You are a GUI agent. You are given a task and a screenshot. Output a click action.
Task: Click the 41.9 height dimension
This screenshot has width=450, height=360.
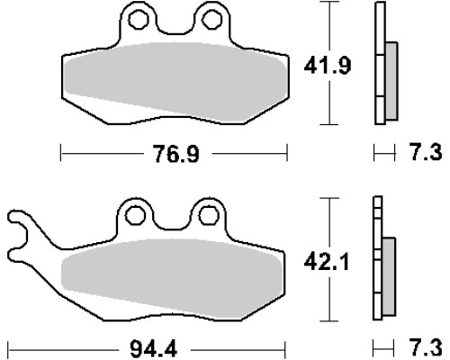(x=328, y=66)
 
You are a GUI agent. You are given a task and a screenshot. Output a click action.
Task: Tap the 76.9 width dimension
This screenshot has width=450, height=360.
(x=175, y=154)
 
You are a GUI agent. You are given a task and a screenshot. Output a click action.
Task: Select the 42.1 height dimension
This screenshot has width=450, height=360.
(x=327, y=262)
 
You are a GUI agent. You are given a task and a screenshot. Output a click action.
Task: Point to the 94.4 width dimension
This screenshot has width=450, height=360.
(x=154, y=349)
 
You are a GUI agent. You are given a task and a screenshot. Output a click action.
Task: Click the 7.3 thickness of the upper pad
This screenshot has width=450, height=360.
(x=426, y=152)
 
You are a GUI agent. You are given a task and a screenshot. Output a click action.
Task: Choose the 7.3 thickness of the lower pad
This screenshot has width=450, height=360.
(x=426, y=347)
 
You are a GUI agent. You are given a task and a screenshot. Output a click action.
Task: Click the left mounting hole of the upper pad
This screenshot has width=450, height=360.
(x=139, y=20)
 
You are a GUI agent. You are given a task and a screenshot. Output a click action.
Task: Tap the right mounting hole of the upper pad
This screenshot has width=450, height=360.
(x=212, y=20)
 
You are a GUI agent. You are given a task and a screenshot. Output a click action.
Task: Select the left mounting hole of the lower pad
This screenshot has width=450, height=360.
(x=135, y=215)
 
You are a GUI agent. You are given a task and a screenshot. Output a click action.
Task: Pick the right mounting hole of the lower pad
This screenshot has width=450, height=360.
(x=209, y=215)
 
